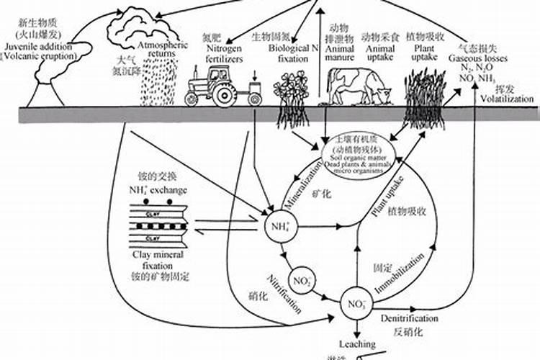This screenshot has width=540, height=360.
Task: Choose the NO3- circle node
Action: pyautogui.click(x=354, y=301)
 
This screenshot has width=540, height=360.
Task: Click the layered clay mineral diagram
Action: pyautogui.click(x=164, y=222)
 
